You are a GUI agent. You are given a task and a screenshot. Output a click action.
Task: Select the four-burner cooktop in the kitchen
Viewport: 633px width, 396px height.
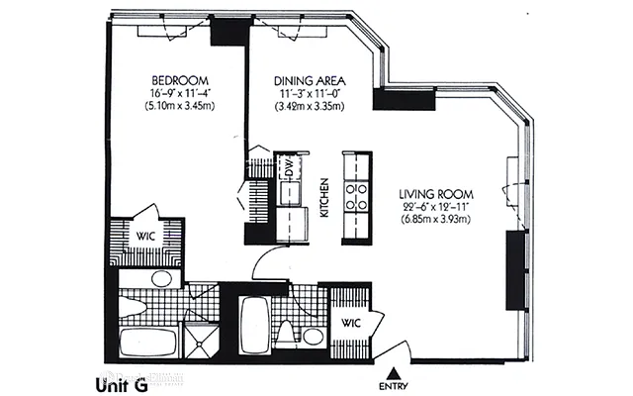click(356, 195)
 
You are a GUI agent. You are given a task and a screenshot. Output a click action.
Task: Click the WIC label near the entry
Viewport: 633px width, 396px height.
click(350, 323)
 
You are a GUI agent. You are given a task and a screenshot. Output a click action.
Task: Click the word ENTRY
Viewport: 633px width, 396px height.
click(394, 385)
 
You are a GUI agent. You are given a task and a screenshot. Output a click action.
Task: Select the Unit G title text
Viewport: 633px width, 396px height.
click(122, 384)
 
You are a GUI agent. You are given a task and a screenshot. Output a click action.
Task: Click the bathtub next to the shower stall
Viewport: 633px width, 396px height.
click(148, 344)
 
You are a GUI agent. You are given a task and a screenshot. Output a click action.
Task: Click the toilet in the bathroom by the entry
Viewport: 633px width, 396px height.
click(287, 335)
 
